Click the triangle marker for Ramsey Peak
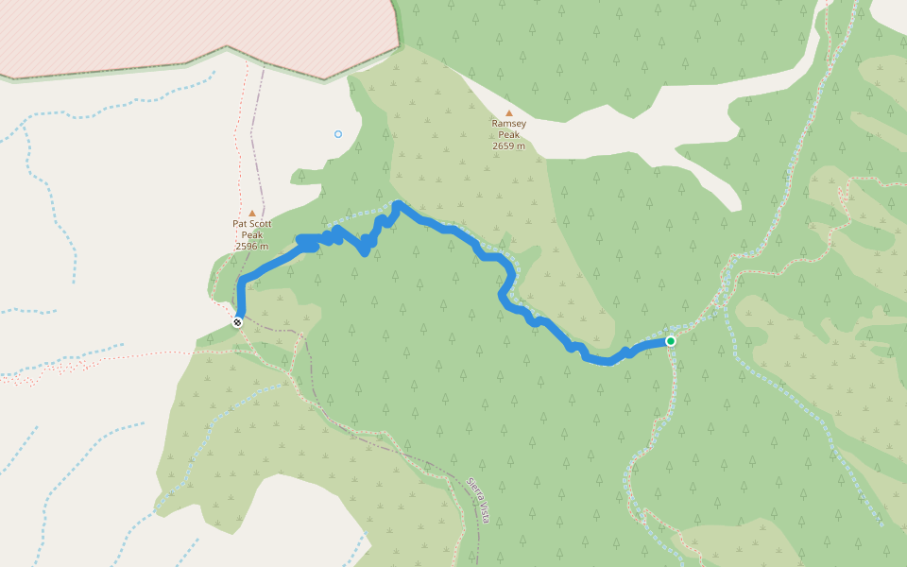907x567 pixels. tap(508, 112)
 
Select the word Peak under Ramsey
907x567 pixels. tap(508, 135)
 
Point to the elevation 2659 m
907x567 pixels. tap(508, 146)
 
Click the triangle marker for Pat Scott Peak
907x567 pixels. tap(251, 214)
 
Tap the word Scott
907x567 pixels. tap(259, 224)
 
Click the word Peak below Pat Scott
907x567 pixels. tap(251, 235)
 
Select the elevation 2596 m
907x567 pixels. tap(251, 247)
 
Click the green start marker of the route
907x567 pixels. tap(670, 340)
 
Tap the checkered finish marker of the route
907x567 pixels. tap(237, 322)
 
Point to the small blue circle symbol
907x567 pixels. tap(338, 134)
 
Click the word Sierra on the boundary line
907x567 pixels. tap(472, 487)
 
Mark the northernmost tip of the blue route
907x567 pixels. tap(397, 204)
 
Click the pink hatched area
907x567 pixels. tap(189, 33)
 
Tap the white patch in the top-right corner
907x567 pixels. tap(891, 11)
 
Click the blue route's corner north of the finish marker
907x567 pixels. tap(243, 283)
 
